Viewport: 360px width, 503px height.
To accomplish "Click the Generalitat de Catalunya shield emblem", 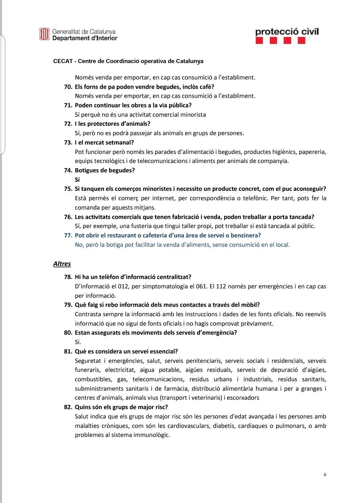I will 44,34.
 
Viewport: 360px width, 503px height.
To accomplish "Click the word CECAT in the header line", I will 63,61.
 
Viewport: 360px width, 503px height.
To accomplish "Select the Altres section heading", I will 62,264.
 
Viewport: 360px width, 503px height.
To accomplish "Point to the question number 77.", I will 68,235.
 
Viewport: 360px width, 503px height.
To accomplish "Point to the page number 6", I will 325,474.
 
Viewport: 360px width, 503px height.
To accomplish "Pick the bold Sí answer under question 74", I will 77,180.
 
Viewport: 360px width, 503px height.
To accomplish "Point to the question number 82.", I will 68,407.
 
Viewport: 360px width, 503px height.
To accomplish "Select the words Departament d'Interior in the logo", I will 85,38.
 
